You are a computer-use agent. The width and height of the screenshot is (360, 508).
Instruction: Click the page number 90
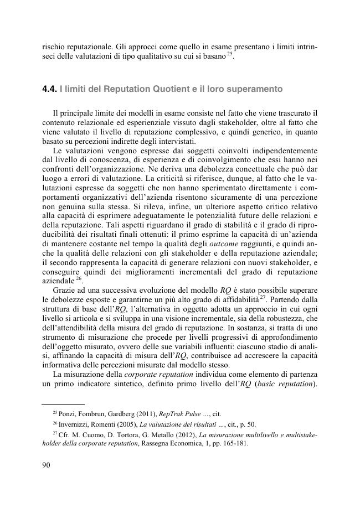47,480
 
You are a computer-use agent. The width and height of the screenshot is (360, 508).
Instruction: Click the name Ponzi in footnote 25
67,413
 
